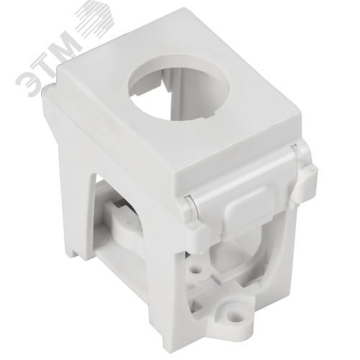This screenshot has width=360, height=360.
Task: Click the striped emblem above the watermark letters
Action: pos(95,22)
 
